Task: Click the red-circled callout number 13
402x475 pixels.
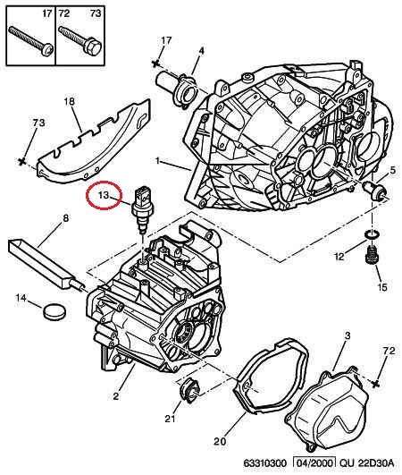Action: (x=103, y=195)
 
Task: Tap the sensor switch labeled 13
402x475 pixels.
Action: (x=143, y=209)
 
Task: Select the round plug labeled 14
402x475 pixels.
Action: (x=54, y=310)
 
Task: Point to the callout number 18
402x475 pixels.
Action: (x=70, y=101)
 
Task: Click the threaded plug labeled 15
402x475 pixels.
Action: (x=372, y=255)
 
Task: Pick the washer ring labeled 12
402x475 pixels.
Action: (x=372, y=234)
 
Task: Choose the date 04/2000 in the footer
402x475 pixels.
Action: (x=314, y=462)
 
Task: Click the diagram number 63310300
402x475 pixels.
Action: (x=264, y=463)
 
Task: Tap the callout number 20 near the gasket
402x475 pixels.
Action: (x=220, y=441)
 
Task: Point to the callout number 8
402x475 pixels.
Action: (x=65, y=217)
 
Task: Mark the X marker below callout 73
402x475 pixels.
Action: (x=21, y=161)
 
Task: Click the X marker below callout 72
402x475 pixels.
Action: (x=376, y=384)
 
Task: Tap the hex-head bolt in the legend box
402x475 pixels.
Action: (x=80, y=41)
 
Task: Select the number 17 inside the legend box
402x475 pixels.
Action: (x=46, y=13)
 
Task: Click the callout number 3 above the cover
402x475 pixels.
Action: (x=348, y=335)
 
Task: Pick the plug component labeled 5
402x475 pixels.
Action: (x=375, y=191)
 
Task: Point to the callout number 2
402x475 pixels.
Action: (x=116, y=396)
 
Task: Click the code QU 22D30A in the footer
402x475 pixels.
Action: (x=366, y=463)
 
